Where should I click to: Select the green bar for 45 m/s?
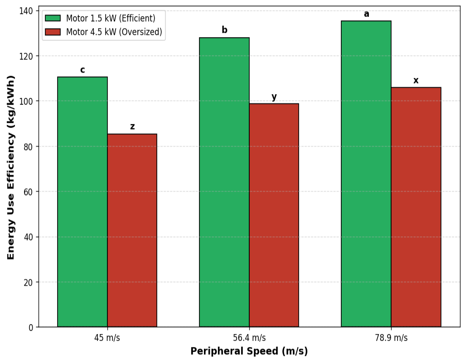tap(82, 202)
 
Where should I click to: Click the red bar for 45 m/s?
tap(132, 230)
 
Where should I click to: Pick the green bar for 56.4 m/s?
tap(224, 182)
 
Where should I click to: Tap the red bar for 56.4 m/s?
tap(274, 215)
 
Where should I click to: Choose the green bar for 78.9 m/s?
tap(366, 174)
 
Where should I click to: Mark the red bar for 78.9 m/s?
tap(416, 207)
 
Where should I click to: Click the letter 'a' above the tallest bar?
tap(367, 14)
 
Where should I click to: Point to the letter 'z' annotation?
tap(132, 127)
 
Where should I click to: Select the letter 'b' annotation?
tap(224, 29)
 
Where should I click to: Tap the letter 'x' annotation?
tap(416, 80)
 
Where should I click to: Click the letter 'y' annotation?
tap(274, 97)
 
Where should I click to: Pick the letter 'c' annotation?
tap(83, 70)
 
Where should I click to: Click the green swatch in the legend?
tap(53, 18)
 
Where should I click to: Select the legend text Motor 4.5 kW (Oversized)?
tap(114, 32)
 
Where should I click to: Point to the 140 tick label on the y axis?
tap(26, 11)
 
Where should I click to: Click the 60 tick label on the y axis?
tap(28, 192)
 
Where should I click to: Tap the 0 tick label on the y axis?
tap(31, 328)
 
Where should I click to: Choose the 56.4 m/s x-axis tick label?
tap(249, 338)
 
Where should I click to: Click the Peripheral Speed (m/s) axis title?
tap(249, 351)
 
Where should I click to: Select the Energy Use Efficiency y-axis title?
tap(11, 168)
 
